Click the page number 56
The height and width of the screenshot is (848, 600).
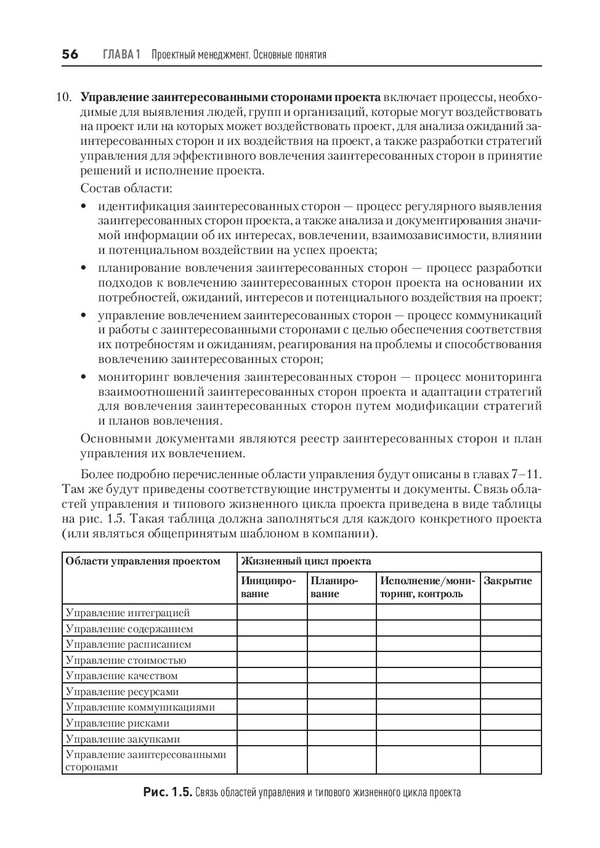(x=70, y=55)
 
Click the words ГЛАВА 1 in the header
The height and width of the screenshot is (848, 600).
(x=121, y=55)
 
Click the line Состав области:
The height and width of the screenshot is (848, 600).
(x=126, y=188)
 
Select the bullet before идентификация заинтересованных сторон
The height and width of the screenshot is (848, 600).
(x=84, y=206)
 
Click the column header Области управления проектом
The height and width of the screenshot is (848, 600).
(x=143, y=561)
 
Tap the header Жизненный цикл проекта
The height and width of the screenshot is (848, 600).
(x=306, y=561)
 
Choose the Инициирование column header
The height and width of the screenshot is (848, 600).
(x=269, y=587)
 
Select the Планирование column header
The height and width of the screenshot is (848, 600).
(x=334, y=587)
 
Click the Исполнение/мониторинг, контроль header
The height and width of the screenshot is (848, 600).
(x=428, y=587)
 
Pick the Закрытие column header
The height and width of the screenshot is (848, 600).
(x=508, y=581)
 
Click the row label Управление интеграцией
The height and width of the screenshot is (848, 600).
(x=128, y=613)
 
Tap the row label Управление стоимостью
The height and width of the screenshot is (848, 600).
(x=126, y=660)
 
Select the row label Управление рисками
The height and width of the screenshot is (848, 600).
(x=118, y=723)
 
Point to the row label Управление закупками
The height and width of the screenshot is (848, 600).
(x=123, y=739)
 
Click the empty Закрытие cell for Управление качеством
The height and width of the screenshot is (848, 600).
(x=511, y=675)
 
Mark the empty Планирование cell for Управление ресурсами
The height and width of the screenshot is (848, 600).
(x=341, y=691)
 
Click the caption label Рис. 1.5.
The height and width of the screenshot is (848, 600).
(x=168, y=793)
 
